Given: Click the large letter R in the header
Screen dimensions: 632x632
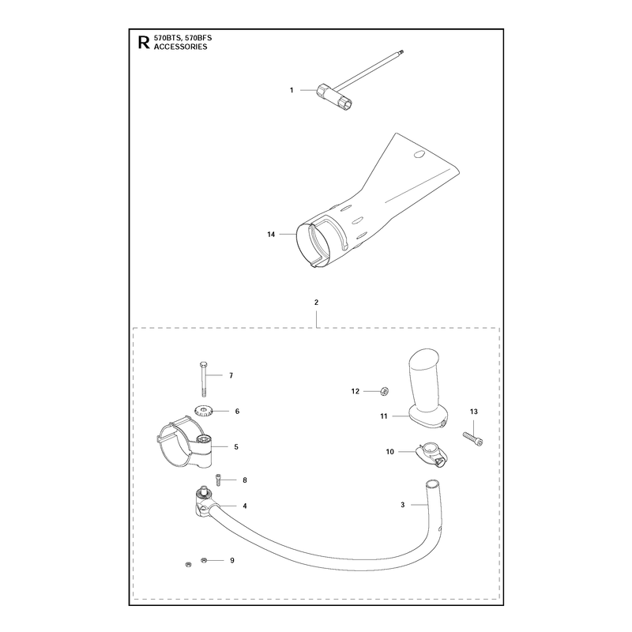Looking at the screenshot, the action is tap(144, 43).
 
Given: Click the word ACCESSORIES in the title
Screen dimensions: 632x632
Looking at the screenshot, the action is tap(181, 47).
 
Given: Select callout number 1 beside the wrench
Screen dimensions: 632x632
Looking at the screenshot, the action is tap(292, 90).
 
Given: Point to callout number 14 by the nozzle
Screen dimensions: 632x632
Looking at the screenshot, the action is tap(271, 234).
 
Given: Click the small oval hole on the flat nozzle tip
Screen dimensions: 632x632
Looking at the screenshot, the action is tap(420, 154).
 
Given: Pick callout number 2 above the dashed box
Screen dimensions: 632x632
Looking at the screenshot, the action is tap(317, 303).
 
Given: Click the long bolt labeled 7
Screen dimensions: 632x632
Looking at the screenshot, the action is tap(204, 379).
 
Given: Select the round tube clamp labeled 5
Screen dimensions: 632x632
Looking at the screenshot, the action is tap(185, 443).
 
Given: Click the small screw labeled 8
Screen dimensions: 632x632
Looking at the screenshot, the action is tap(219, 480).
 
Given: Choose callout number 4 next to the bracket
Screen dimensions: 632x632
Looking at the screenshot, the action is tap(245, 506).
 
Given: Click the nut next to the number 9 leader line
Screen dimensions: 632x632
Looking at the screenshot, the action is tap(204, 560).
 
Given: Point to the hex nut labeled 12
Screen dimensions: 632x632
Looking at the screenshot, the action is tap(384, 390).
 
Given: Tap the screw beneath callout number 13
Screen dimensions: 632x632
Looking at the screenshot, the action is tap(473, 438).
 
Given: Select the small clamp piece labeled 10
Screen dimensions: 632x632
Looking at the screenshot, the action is tap(432, 455).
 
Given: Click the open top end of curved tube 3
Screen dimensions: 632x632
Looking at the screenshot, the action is tap(432, 483).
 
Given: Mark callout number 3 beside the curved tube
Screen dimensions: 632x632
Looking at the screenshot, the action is tap(402, 505).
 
